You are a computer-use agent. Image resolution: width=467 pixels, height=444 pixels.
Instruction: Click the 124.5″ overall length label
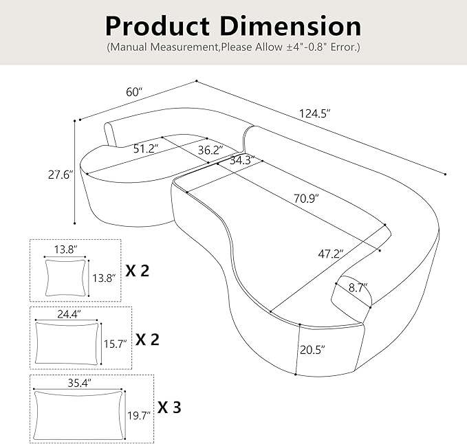(x=315, y=113)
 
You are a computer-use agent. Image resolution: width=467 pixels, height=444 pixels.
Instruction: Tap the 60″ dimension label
(x=134, y=92)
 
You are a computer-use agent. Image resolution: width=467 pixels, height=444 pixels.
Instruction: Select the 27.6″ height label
(x=61, y=175)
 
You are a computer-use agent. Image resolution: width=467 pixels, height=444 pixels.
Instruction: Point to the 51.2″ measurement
(x=145, y=148)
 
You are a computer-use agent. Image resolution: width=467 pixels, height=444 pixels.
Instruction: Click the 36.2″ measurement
(x=210, y=150)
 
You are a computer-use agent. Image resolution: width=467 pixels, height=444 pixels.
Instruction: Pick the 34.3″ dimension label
(x=242, y=160)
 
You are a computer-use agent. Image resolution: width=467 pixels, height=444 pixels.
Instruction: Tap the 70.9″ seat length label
(x=306, y=198)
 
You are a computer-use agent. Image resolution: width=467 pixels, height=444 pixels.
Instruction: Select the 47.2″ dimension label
(x=331, y=254)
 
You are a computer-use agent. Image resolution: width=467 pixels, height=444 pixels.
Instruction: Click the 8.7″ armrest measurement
(x=358, y=288)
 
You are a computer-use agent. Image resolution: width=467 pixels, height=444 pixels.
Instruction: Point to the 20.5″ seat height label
(x=312, y=350)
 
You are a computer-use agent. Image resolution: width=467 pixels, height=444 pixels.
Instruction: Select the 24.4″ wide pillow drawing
(x=67, y=344)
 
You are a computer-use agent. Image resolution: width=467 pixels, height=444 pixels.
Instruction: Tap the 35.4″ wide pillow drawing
(x=78, y=415)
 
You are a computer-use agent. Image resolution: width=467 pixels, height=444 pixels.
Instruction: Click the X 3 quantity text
(x=169, y=407)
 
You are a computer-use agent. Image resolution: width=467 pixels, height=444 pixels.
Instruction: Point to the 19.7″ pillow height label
(x=139, y=415)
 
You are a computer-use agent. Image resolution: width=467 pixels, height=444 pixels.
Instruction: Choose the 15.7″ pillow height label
(x=116, y=344)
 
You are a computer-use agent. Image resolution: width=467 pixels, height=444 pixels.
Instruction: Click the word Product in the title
(x=158, y=27)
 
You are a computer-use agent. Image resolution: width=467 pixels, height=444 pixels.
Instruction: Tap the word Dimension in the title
(x=291, y=26)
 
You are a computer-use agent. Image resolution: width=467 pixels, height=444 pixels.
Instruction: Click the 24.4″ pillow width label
(x=69, y=314)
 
